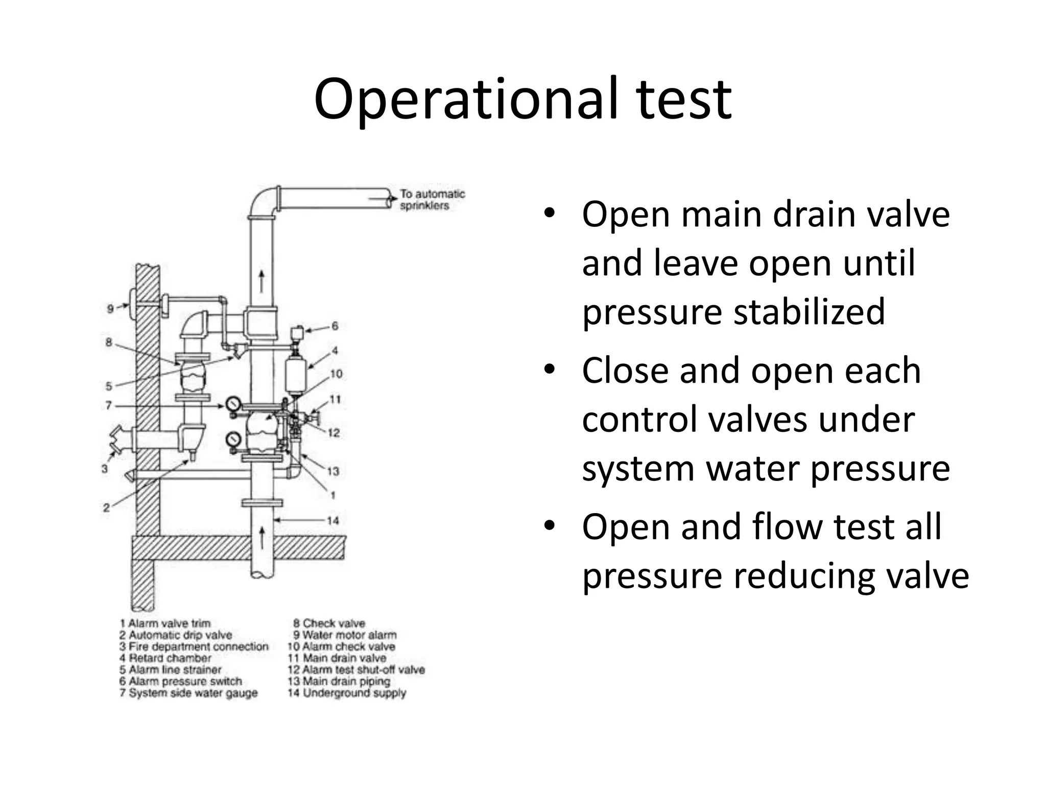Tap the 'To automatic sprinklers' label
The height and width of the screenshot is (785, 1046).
click(x=432, y=200)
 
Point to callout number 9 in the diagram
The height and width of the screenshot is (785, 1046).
click(x=110, y=308)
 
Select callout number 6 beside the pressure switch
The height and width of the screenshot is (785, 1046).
click(x=335, y=326)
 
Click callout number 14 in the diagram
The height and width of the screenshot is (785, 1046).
click(x=332, y=521)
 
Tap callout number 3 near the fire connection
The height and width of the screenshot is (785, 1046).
click(x=105, y=468)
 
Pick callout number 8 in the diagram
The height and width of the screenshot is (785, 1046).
click(x=109, y=342)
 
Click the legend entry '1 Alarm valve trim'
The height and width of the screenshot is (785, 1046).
click(x=165, y=624)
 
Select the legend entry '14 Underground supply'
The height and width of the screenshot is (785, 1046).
click(x=347, y=693)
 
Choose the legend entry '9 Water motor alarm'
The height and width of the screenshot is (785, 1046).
click(x=345, y=635)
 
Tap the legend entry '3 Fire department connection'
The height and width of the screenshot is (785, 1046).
click(x=194, y=647)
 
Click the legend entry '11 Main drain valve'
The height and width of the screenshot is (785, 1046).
click(x=337, y=658)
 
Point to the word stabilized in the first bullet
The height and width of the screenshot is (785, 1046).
click(x=810, y=311)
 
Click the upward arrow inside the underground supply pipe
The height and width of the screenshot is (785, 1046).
click(x=262, y=538)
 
